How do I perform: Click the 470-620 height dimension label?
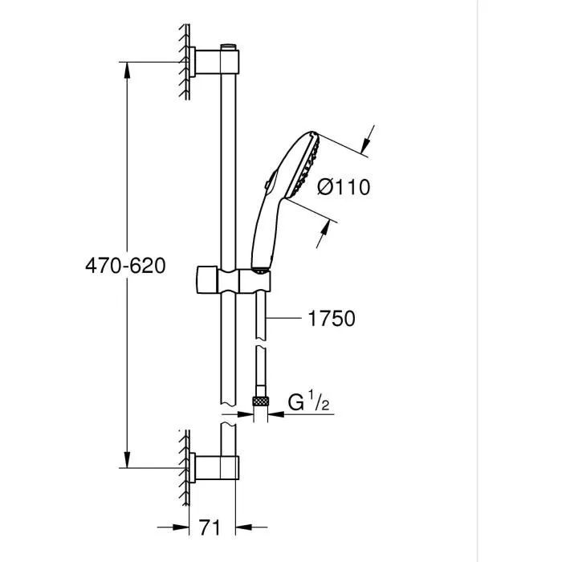pos(125,266)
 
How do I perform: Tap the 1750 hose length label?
pos(331,319)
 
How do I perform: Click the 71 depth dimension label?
pos(210,527)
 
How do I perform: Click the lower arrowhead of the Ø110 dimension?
pos(324,234)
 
